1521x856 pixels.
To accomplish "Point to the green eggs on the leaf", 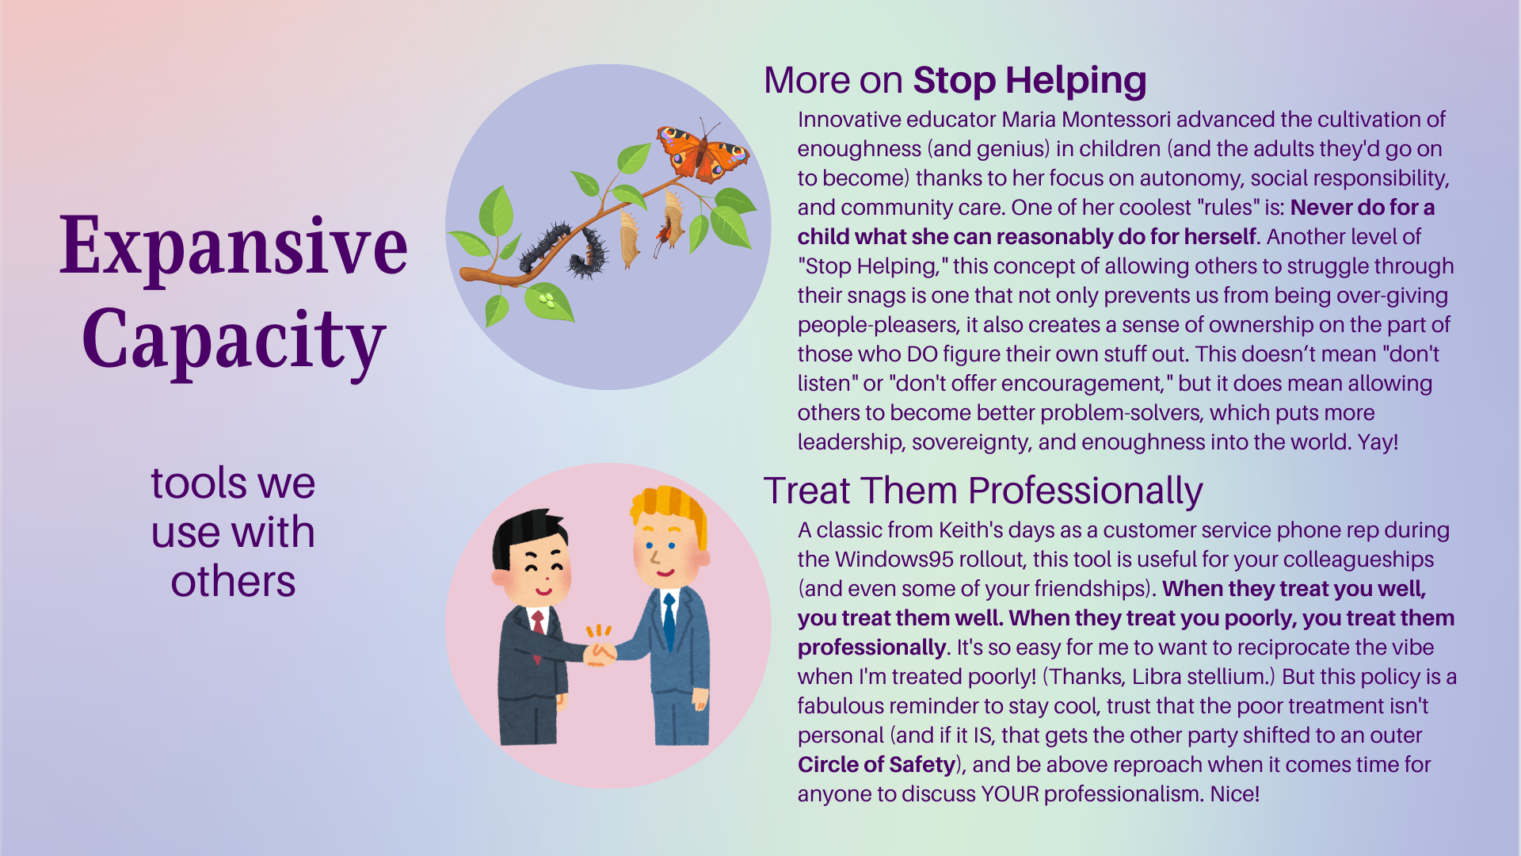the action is [x=546, y=300].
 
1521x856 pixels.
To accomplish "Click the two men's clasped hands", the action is [x=600, y=654].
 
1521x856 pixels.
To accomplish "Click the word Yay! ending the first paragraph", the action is [x=1378, y=442].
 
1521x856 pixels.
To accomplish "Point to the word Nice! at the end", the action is [x=1234, y=794].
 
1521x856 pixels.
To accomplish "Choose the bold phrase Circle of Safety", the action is [x=876, y=765].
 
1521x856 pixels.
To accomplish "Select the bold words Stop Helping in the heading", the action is [x=1030, y=81].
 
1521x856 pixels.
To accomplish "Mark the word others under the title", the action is [x=233, y=582].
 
